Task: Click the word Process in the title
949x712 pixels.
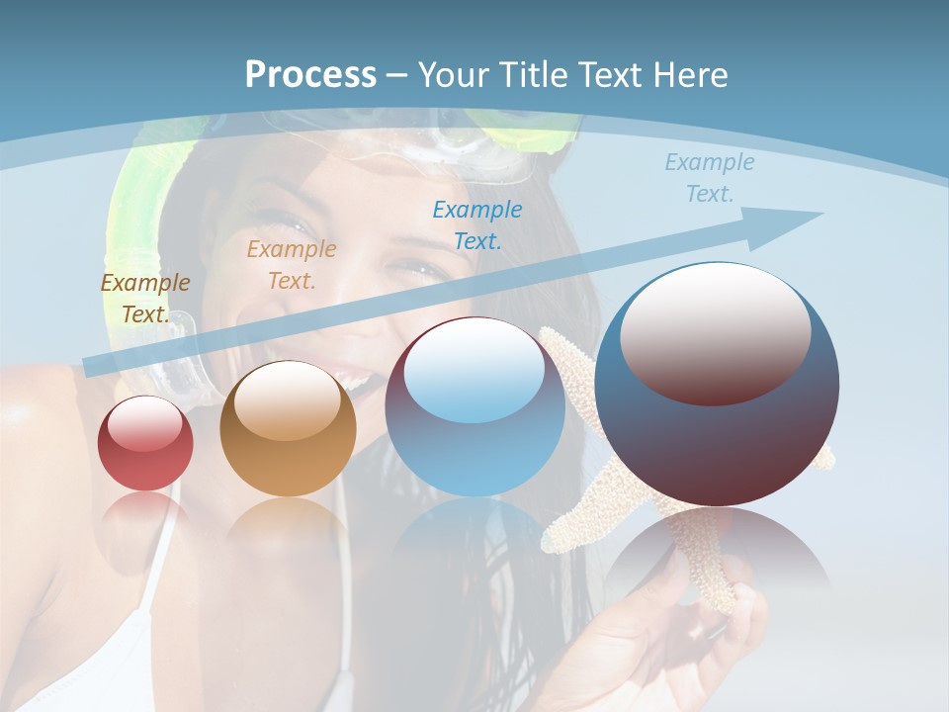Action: point(310,75)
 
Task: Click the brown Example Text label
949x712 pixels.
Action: point(145,298)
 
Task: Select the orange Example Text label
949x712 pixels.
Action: point(292,265)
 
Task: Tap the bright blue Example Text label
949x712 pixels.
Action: point(477,224)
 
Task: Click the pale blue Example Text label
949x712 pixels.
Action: point(710,178)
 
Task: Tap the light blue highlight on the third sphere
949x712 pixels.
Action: point(474,371)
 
